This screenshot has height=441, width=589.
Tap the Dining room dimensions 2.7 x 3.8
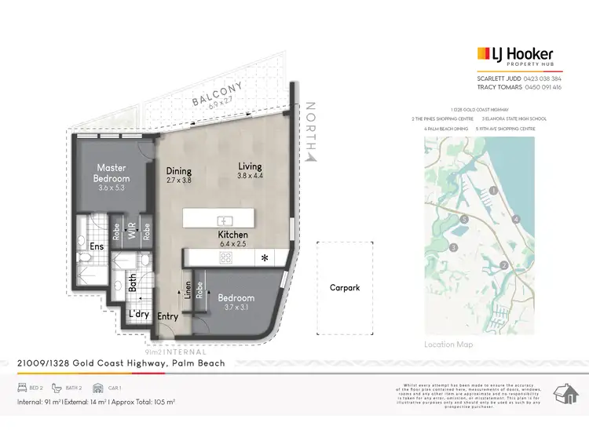pos(179,180)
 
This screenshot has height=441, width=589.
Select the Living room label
pos(251,166)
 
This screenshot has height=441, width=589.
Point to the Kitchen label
pos(232,235)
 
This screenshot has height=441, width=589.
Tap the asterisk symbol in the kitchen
pos(265,257)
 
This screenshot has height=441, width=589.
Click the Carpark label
pos(345,288)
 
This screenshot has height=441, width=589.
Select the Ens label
pos(97,246)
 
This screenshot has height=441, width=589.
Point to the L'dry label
pos(139,315)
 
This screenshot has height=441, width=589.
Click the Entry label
pos(168,316)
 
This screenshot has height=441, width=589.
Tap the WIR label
pos(133,233)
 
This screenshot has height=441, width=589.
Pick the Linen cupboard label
pos(187,290)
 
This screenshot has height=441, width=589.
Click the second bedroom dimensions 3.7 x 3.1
pos(236,308)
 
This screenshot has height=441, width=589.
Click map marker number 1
pos(493,190)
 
